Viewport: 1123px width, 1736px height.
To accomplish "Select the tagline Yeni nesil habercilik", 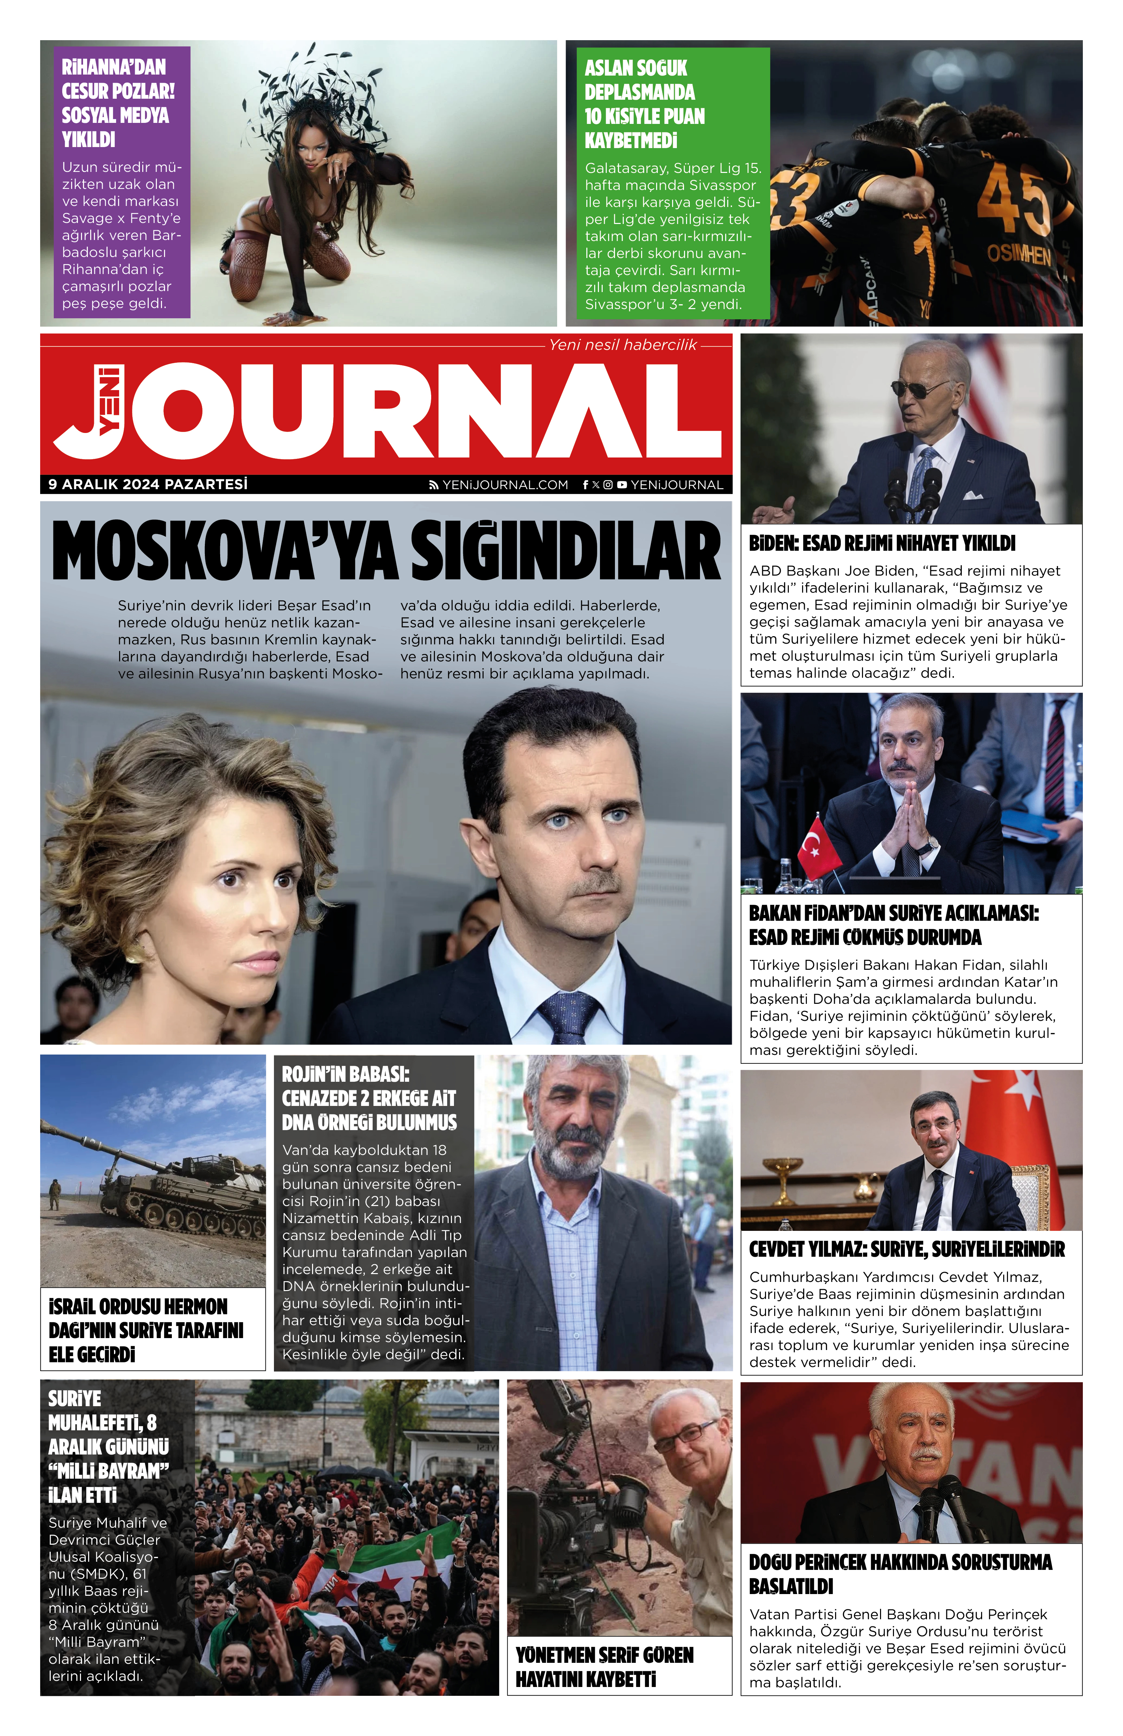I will [x=622, y=345].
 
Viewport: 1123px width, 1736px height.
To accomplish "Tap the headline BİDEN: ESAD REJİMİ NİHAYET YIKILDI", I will [x=882, y=543].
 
